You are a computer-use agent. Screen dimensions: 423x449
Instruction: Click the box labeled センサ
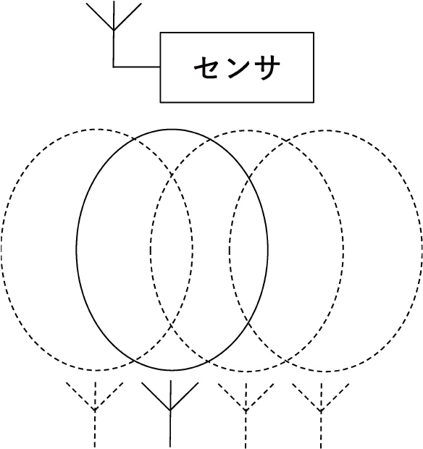click(237, 67)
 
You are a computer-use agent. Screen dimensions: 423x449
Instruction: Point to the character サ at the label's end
click(266, 67)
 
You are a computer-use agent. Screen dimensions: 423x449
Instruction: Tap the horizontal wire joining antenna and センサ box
click(137, 67)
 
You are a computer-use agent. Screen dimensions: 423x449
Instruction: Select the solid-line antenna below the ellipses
click(170, 414)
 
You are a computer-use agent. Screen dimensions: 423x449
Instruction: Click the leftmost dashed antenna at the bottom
click(95, 414)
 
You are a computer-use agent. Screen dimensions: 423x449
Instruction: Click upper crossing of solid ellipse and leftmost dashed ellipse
click(135, 139)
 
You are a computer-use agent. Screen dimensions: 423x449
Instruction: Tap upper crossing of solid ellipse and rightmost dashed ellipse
click(249, 177)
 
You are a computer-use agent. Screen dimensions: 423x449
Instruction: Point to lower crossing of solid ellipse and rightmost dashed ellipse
click(248, 324)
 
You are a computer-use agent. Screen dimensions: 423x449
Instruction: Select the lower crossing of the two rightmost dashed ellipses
click(286, 361)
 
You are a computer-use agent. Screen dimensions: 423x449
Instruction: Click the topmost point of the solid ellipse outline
click(172, 130)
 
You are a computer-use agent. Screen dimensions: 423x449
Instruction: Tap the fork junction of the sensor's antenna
click(114, 30)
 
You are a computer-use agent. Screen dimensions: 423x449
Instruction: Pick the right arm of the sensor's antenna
click(127, 17)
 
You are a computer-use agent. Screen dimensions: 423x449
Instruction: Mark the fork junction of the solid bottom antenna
click(170, 410)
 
